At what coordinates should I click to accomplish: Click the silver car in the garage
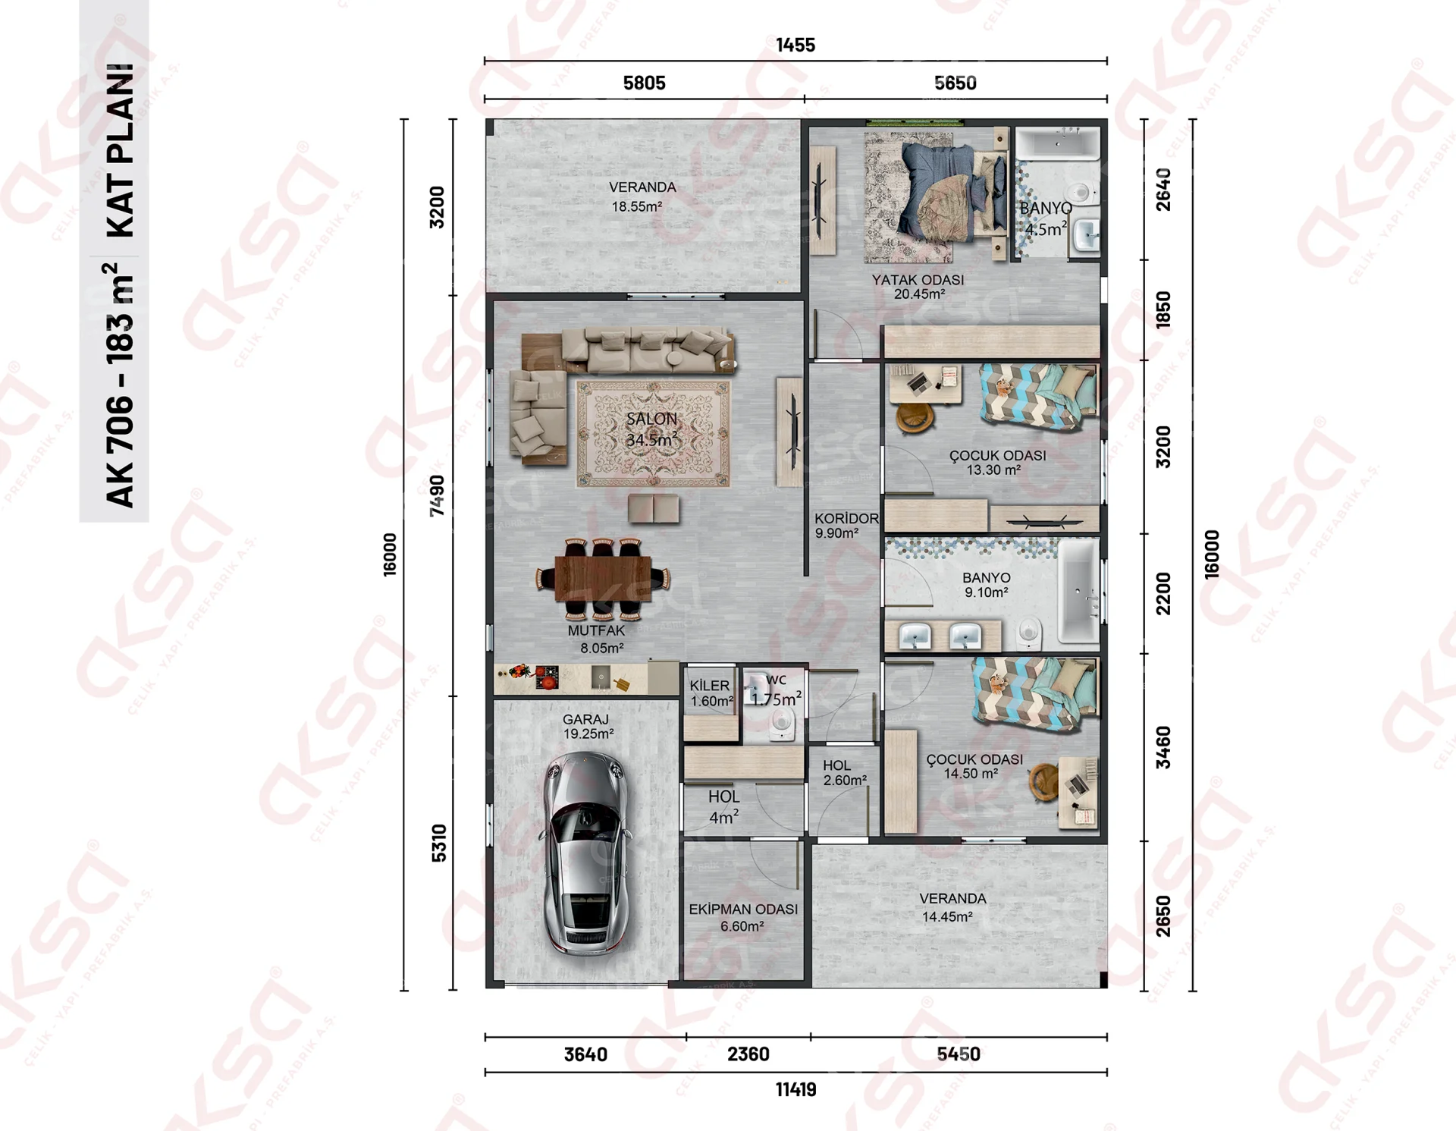point(586,853)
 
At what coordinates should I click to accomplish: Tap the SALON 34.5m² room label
point(651,429)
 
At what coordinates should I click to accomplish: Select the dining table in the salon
point(603,579)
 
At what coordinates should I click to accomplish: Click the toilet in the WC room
point(782,724)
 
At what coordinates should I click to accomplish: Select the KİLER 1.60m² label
point(711,693)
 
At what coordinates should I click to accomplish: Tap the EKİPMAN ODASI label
point(743,909)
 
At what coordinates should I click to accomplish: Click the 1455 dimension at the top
point(795,46)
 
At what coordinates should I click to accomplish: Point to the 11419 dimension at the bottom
point(795,1090)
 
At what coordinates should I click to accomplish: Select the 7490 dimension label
point(437,496)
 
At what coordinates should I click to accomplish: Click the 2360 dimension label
point(748,1054)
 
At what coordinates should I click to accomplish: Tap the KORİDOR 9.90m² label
point(846,526)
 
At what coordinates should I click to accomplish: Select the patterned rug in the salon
point(653,433)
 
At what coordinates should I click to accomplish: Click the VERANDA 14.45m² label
point(952,907)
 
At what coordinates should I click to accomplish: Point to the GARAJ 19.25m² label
point(588,726)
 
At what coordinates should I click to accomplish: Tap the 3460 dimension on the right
point(1163,747)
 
